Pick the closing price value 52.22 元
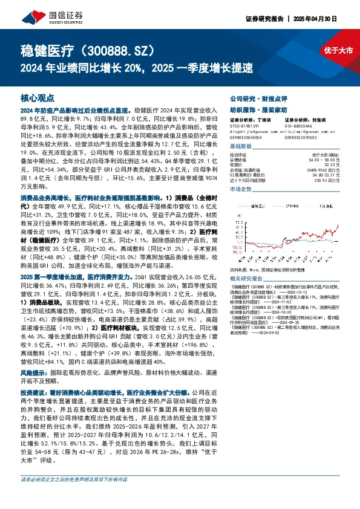click(x=331, y=165)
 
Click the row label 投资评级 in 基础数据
click(x=237, y=155)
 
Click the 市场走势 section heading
click(x=240, y=190)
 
